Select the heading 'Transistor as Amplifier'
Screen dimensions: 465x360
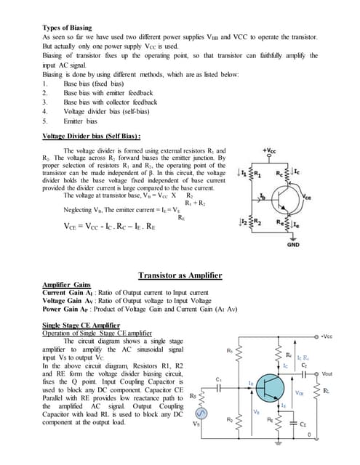tap(180, 275)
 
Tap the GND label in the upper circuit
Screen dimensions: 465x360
tap(292, 245)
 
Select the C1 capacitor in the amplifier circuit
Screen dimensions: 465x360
tap(220, 388)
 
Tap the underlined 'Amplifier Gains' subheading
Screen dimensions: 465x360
tap(66, 284)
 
